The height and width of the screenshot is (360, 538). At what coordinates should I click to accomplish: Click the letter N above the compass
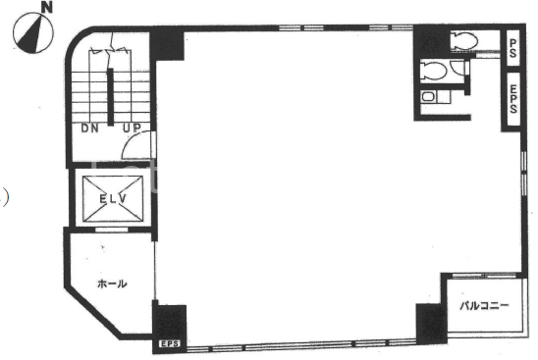coord(47,8)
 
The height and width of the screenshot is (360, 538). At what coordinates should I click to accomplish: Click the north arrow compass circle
coord(33,33)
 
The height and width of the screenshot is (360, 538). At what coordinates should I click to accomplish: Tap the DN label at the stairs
coord(90,129)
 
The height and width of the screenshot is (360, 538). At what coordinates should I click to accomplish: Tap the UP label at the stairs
coord(132,129)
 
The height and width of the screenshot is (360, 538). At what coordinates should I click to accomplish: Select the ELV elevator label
coord(113,199)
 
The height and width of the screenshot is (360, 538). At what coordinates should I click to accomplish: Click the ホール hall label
coord(112,283)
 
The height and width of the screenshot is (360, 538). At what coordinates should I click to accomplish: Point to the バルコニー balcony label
coord(484,305)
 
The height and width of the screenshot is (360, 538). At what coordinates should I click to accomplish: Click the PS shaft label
coord(512,48)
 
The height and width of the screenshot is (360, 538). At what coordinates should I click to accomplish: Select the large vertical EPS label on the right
coord(513,99)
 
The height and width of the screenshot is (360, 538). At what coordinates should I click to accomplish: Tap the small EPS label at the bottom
coord(169,343)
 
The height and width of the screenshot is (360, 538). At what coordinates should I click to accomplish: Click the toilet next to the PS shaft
coord(464,41)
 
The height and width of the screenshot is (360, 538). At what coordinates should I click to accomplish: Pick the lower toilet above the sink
coord(434,71)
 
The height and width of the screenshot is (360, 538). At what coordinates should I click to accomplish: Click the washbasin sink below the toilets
coord(428,97)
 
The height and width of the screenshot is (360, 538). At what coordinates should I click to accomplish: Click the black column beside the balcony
coord(431,324)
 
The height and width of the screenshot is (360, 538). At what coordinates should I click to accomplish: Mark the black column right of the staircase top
coord(167,45)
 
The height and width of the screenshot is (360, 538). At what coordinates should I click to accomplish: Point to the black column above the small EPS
coord(170,323)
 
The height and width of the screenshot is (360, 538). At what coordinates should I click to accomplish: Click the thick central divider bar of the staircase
coord(110,97)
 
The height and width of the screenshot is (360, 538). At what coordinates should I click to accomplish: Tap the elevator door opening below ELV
coord(111,230)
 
